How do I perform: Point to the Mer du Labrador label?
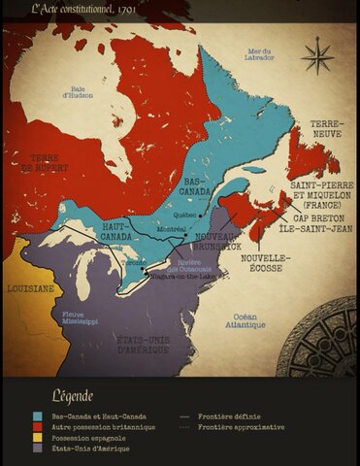[x=261, y=53]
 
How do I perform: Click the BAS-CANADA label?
[x=197, y=185]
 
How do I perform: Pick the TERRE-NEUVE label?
[x=325, y=128]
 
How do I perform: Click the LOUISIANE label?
[x=30, y=288]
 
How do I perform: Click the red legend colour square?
[x=36, y=425]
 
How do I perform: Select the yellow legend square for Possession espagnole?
[x=36, y=437]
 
